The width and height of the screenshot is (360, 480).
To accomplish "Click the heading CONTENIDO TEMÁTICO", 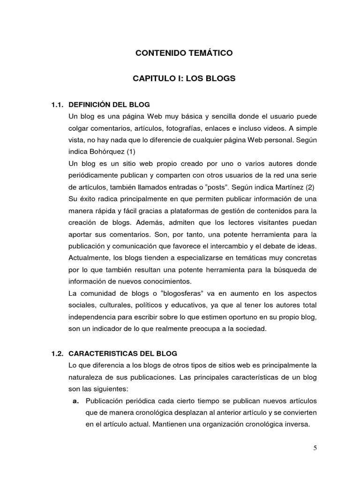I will coord(184,53).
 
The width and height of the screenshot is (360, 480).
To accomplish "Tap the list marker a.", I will coord(75,401).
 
